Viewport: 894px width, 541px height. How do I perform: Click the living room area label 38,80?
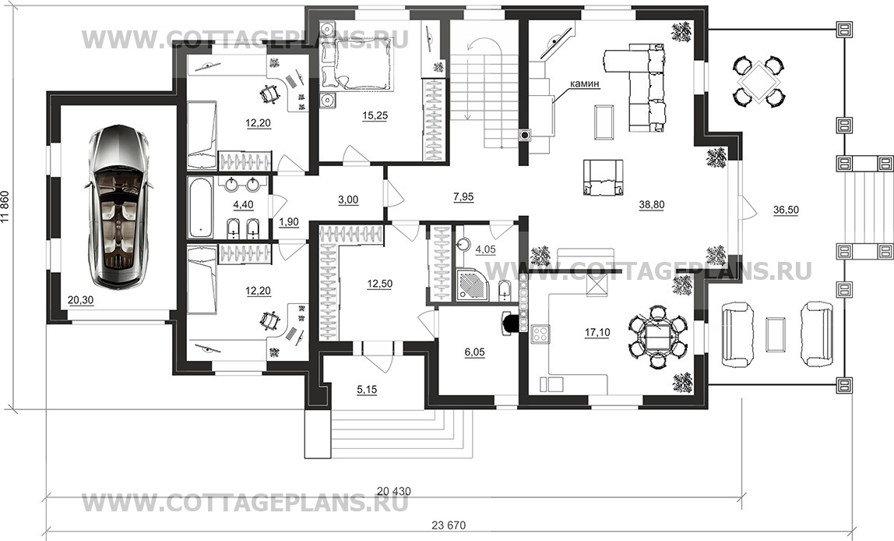click(652, 205)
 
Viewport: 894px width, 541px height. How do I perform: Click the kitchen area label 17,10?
click(597, 332)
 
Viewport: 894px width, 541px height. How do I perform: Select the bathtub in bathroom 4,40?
click(201, 207)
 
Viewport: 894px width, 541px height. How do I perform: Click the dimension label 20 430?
click(394, 491)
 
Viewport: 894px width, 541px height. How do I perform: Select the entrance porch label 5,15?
click(367, 390)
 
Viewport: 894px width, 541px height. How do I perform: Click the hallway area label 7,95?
click(463, 197)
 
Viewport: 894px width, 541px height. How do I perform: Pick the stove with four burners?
click(540, 334)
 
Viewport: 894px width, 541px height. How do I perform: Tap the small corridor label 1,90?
click(288, 222)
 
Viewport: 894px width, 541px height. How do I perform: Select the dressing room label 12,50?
click(380, 285)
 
